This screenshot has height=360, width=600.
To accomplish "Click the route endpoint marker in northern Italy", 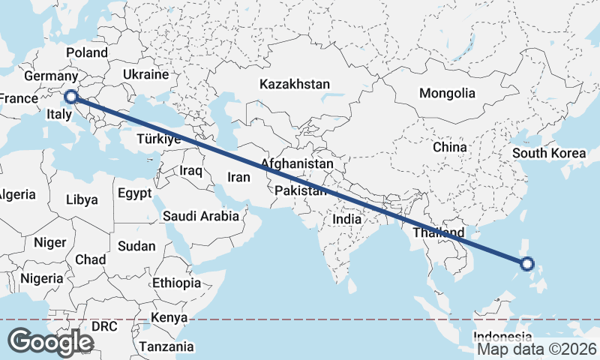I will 71,97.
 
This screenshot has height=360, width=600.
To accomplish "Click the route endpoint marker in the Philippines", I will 526,263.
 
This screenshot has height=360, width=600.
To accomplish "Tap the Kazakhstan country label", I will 295,84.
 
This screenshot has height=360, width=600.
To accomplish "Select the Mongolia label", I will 447,94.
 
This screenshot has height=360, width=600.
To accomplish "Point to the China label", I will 449,147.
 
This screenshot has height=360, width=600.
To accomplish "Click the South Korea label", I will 549,154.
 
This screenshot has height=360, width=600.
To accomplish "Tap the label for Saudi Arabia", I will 201,216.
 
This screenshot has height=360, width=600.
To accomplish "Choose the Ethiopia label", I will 176,283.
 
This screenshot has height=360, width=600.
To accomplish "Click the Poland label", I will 87,53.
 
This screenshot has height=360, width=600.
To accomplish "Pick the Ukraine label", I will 145,75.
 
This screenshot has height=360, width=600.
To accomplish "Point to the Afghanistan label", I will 297,163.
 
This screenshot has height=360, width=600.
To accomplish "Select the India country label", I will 346,220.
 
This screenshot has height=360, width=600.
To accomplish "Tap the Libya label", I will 82,199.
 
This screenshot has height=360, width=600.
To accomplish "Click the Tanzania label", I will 166,347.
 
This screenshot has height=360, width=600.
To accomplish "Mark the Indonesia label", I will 502,337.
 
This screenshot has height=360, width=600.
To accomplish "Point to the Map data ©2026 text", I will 537,349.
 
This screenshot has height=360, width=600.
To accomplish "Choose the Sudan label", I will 137,246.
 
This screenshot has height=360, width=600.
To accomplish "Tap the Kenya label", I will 168,318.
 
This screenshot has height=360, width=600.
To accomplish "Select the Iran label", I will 238,178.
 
